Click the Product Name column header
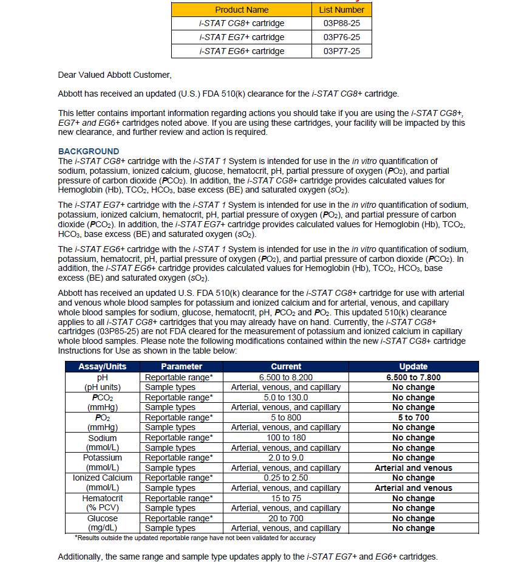pyautogui.click(x=242, y=10)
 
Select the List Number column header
pyautogui.click(x=341, y=10)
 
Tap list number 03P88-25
pyautogui.click(x=341, y=24)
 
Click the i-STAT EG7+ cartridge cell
pyautogui.click(x=242, y=37)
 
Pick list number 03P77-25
pyautogui.click(x=341, y=51)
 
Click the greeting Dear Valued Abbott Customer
pyautogui.click(x=115, y=75)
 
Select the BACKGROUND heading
pyautogui.click(x=89, y=151)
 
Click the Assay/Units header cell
pyautogui.click(x=103, y=366)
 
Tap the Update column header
pyautogui.click(x=413, y=366)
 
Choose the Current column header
pyautogui.click(x=286, y=366)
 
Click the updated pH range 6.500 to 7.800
pyautogui.click(x=413, y=377)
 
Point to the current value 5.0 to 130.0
pyautogui.click(x=286, y=397)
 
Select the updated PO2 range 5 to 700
pyautogui.click(x=413, y=417)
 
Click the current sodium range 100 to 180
pyautogui.click(x=286, y=437)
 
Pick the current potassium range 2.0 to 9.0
pyautogui.click(x=286, y=457)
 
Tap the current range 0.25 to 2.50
pyautogui.click(x=286, y=478)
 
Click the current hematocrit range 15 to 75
pyautogui.click(x=286, y=498)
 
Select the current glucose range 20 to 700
pyautogui.click(x=286, y=518)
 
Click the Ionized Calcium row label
pyautogui.click(x=103, y=478)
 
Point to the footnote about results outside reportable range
pyautogui.click(x=195, y=538)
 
